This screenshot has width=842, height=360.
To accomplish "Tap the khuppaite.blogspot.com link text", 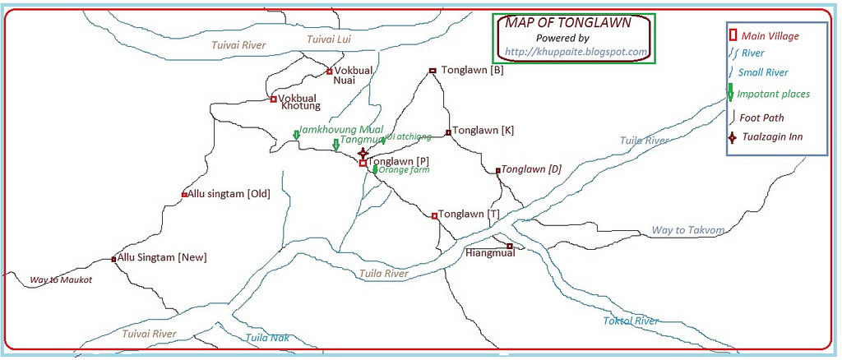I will click(576, 52).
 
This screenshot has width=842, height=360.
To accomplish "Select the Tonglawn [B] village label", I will click(472, 70).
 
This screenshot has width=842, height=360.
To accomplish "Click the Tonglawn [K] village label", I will click(483, 131).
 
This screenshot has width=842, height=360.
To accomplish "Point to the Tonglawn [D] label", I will click(531, 169).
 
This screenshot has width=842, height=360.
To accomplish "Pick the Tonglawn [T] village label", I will click(469, 215).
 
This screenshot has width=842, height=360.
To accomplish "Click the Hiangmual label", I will click(490, 252).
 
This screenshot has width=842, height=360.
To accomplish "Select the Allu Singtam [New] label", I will click(162, 258).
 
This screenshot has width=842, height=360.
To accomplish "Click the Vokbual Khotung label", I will click(298, 102).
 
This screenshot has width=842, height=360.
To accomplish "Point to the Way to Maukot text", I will click(61, 280).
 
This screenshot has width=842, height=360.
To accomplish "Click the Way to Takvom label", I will click(687, 230).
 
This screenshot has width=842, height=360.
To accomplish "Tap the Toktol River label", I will click(631, 321).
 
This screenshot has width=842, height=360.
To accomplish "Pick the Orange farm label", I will click(405, 171).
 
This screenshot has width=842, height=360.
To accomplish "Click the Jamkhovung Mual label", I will click(341, 130).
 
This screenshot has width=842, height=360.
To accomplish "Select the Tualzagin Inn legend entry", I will click(770, 137).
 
